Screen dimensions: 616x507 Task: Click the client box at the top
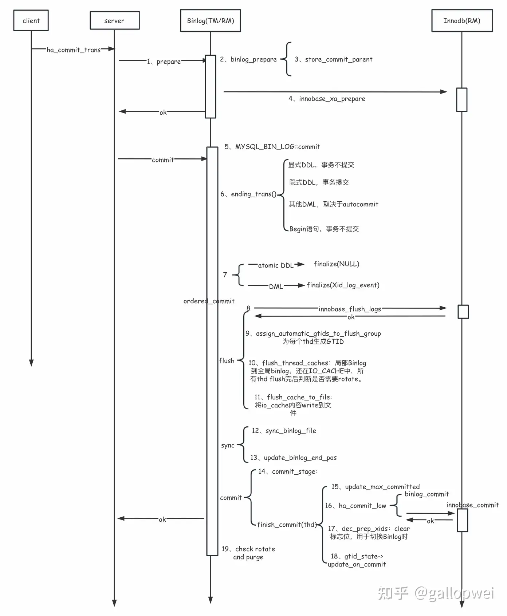pyautogui.click(x=31, y=21)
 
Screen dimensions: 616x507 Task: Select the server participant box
pyautogui.click(x=114, y=21)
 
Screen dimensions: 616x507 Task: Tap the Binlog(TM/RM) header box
pyautogui.click(x=211, y=21)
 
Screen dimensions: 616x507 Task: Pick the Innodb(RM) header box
pyautogui.click(x=462, y=21)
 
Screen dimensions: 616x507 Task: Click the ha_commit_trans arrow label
pyautogui.click(x=74, y=50)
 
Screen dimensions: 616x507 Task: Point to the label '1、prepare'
pyautogui.click(x=164, y=62)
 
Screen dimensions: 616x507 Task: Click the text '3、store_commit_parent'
pyautogui.click(x=333, y=59)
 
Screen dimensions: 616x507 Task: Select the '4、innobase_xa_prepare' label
pyautogui.click(x=327, y=99)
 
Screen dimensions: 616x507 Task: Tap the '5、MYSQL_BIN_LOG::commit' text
pyautogui.click(x=272, y=147)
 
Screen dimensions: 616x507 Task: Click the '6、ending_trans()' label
pyautogui.click(x=248, y=194)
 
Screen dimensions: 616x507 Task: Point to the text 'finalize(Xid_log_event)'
pyautogui.click(x=343, y=285)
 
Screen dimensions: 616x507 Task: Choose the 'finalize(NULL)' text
pyautogui.click(x=337, y=264)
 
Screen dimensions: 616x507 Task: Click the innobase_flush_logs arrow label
pyautogui.click(x=350, y=309)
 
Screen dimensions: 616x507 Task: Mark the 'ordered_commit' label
pyautogui.click(x=209, y=301)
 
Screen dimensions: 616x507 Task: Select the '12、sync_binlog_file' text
pyautogui.click(x=284, y=431)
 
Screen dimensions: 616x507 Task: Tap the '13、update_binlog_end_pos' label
pyautogui.click(x=294, y=458)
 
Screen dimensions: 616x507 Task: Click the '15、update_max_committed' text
pyautogui.click(x=376, y=487)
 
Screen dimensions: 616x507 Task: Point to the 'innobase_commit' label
pyautogui.click(x=472, y=505)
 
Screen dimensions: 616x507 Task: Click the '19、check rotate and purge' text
pyautogui.click(x=248, y=553)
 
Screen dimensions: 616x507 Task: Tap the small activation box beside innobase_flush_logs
pyautogui.click(x=463, y=312)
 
